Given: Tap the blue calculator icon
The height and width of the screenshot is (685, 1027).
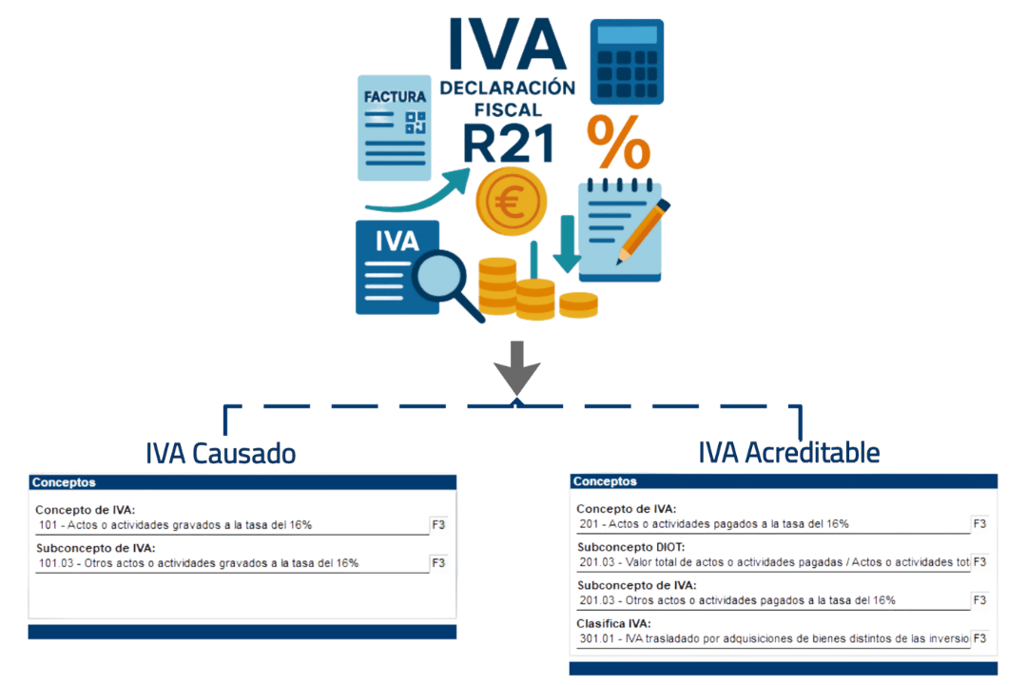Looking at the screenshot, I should [x=627, y=63].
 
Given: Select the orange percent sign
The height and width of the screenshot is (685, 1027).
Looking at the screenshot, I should [x=618, y=144].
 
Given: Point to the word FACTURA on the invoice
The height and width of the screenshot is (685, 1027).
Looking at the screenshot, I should [x=394, y=97].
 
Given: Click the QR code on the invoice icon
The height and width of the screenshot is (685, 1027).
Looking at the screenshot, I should [x=416, y=123].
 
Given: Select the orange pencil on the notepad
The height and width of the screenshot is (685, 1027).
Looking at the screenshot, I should [x=644, y=229].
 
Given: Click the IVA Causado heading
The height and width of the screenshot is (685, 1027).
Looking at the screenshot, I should [x=222, y=454].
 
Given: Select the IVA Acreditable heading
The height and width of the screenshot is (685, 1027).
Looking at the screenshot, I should [x=789, y=453].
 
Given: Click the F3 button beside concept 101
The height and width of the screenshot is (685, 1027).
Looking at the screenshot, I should [x=438, y=525].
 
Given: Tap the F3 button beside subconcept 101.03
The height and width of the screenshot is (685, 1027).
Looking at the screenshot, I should [x=438, y=563].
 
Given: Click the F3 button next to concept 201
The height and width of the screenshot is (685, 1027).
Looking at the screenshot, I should [x=979, y=524].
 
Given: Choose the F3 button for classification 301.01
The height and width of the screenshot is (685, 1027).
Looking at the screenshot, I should [x=979, y=638].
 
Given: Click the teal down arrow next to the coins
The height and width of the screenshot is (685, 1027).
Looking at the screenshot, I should [x=568, y=247].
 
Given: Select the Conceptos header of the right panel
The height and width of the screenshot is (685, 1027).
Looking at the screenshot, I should [x=605, y=481].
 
